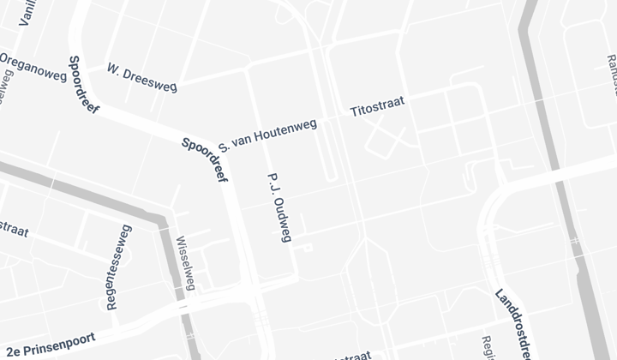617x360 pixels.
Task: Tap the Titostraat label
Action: (377, 108)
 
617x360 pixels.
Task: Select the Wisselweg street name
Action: (186, 263)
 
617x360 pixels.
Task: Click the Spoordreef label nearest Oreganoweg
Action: (84, 85)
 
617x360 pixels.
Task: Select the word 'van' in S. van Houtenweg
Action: (242, 141)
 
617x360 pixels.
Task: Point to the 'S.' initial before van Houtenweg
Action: (224, 147)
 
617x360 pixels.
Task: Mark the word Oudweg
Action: (282, 219)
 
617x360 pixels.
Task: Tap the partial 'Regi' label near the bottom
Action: (488, 348)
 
